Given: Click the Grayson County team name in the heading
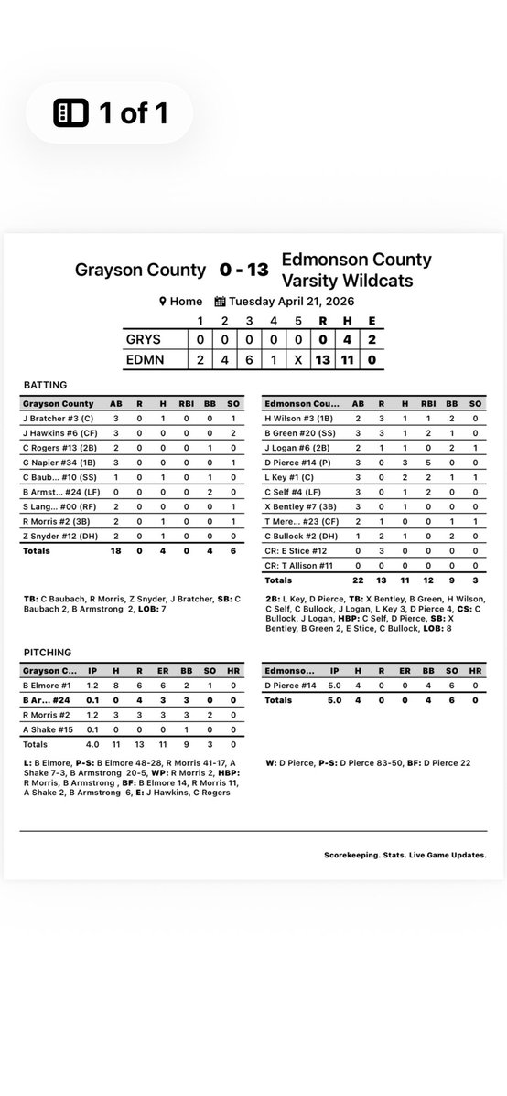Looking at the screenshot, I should point(140,271).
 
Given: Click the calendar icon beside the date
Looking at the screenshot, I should point(220,302).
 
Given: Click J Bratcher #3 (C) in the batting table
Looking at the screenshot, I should point(60,418).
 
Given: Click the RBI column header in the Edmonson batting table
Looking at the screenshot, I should point(426,402).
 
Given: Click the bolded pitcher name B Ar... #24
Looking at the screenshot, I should point(48,699).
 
